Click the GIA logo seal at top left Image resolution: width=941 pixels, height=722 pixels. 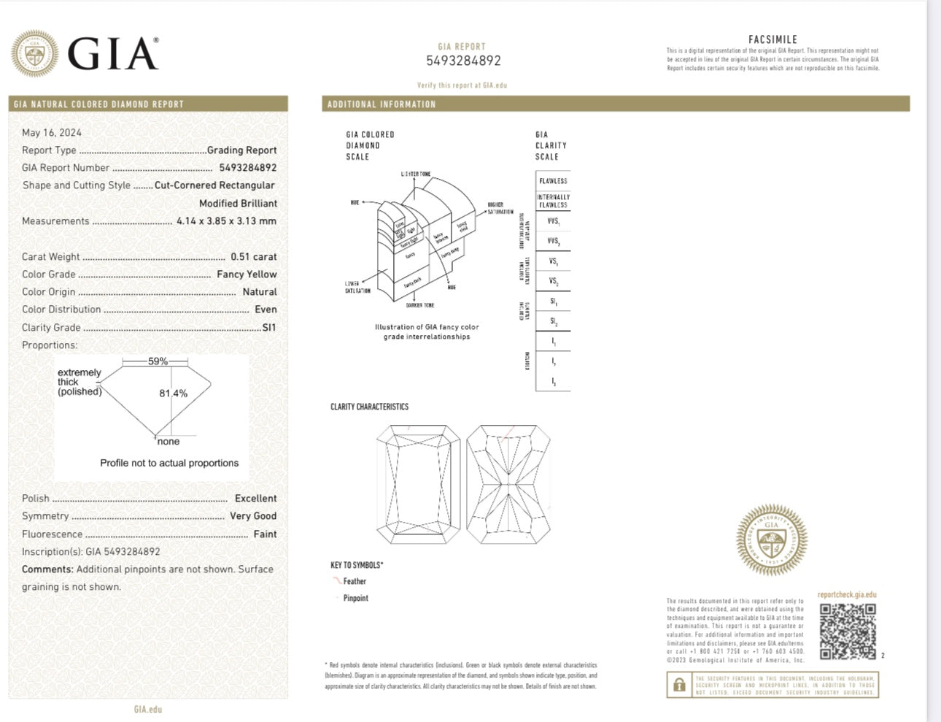point(35,54)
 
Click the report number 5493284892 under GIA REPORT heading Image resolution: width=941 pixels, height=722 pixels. point(463,61)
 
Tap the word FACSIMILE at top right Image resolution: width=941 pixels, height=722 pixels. point(772,39)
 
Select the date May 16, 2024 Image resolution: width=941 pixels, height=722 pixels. point(52,133)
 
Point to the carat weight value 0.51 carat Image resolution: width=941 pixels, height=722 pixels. point(253,257)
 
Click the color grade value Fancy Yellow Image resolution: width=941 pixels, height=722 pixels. point(247,274)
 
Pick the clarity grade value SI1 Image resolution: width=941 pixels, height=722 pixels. point(269,328)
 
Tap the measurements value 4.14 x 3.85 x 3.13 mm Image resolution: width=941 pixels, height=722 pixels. point(226,221)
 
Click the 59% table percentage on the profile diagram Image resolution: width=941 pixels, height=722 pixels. point(158,361)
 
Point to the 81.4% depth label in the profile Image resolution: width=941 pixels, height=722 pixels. point(174,393)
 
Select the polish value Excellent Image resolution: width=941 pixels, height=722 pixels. point(255,499)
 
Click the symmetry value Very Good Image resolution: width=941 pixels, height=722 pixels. point(253,516)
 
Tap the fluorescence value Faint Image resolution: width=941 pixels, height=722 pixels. point(265,534)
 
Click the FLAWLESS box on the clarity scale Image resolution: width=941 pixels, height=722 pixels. point(553,181)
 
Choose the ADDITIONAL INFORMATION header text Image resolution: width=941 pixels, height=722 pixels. point(382,104)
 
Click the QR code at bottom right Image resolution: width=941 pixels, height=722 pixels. point(847,631)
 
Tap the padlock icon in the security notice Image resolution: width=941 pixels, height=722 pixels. point(679,685)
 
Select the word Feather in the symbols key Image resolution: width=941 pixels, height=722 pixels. point(355,582)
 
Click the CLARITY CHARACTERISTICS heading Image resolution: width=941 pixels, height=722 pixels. point(369,407)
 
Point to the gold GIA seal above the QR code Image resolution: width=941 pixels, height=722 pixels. point(772,540)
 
